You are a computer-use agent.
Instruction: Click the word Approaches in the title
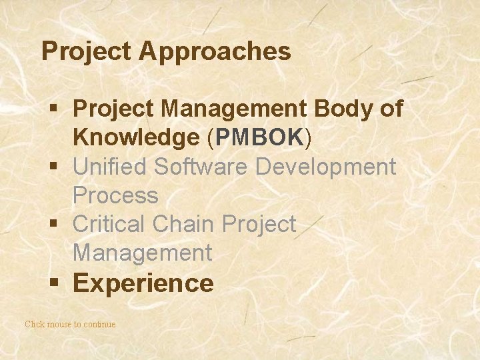[215, 51]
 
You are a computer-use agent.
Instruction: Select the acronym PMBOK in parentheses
[259, 137]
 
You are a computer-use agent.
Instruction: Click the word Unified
[110, 166]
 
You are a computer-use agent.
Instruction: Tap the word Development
[326, 166]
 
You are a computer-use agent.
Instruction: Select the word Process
[115, 195]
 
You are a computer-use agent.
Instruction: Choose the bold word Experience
[143, 283]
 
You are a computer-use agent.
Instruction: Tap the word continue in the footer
[99, 324]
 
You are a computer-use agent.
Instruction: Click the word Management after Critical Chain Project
[142, 253]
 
